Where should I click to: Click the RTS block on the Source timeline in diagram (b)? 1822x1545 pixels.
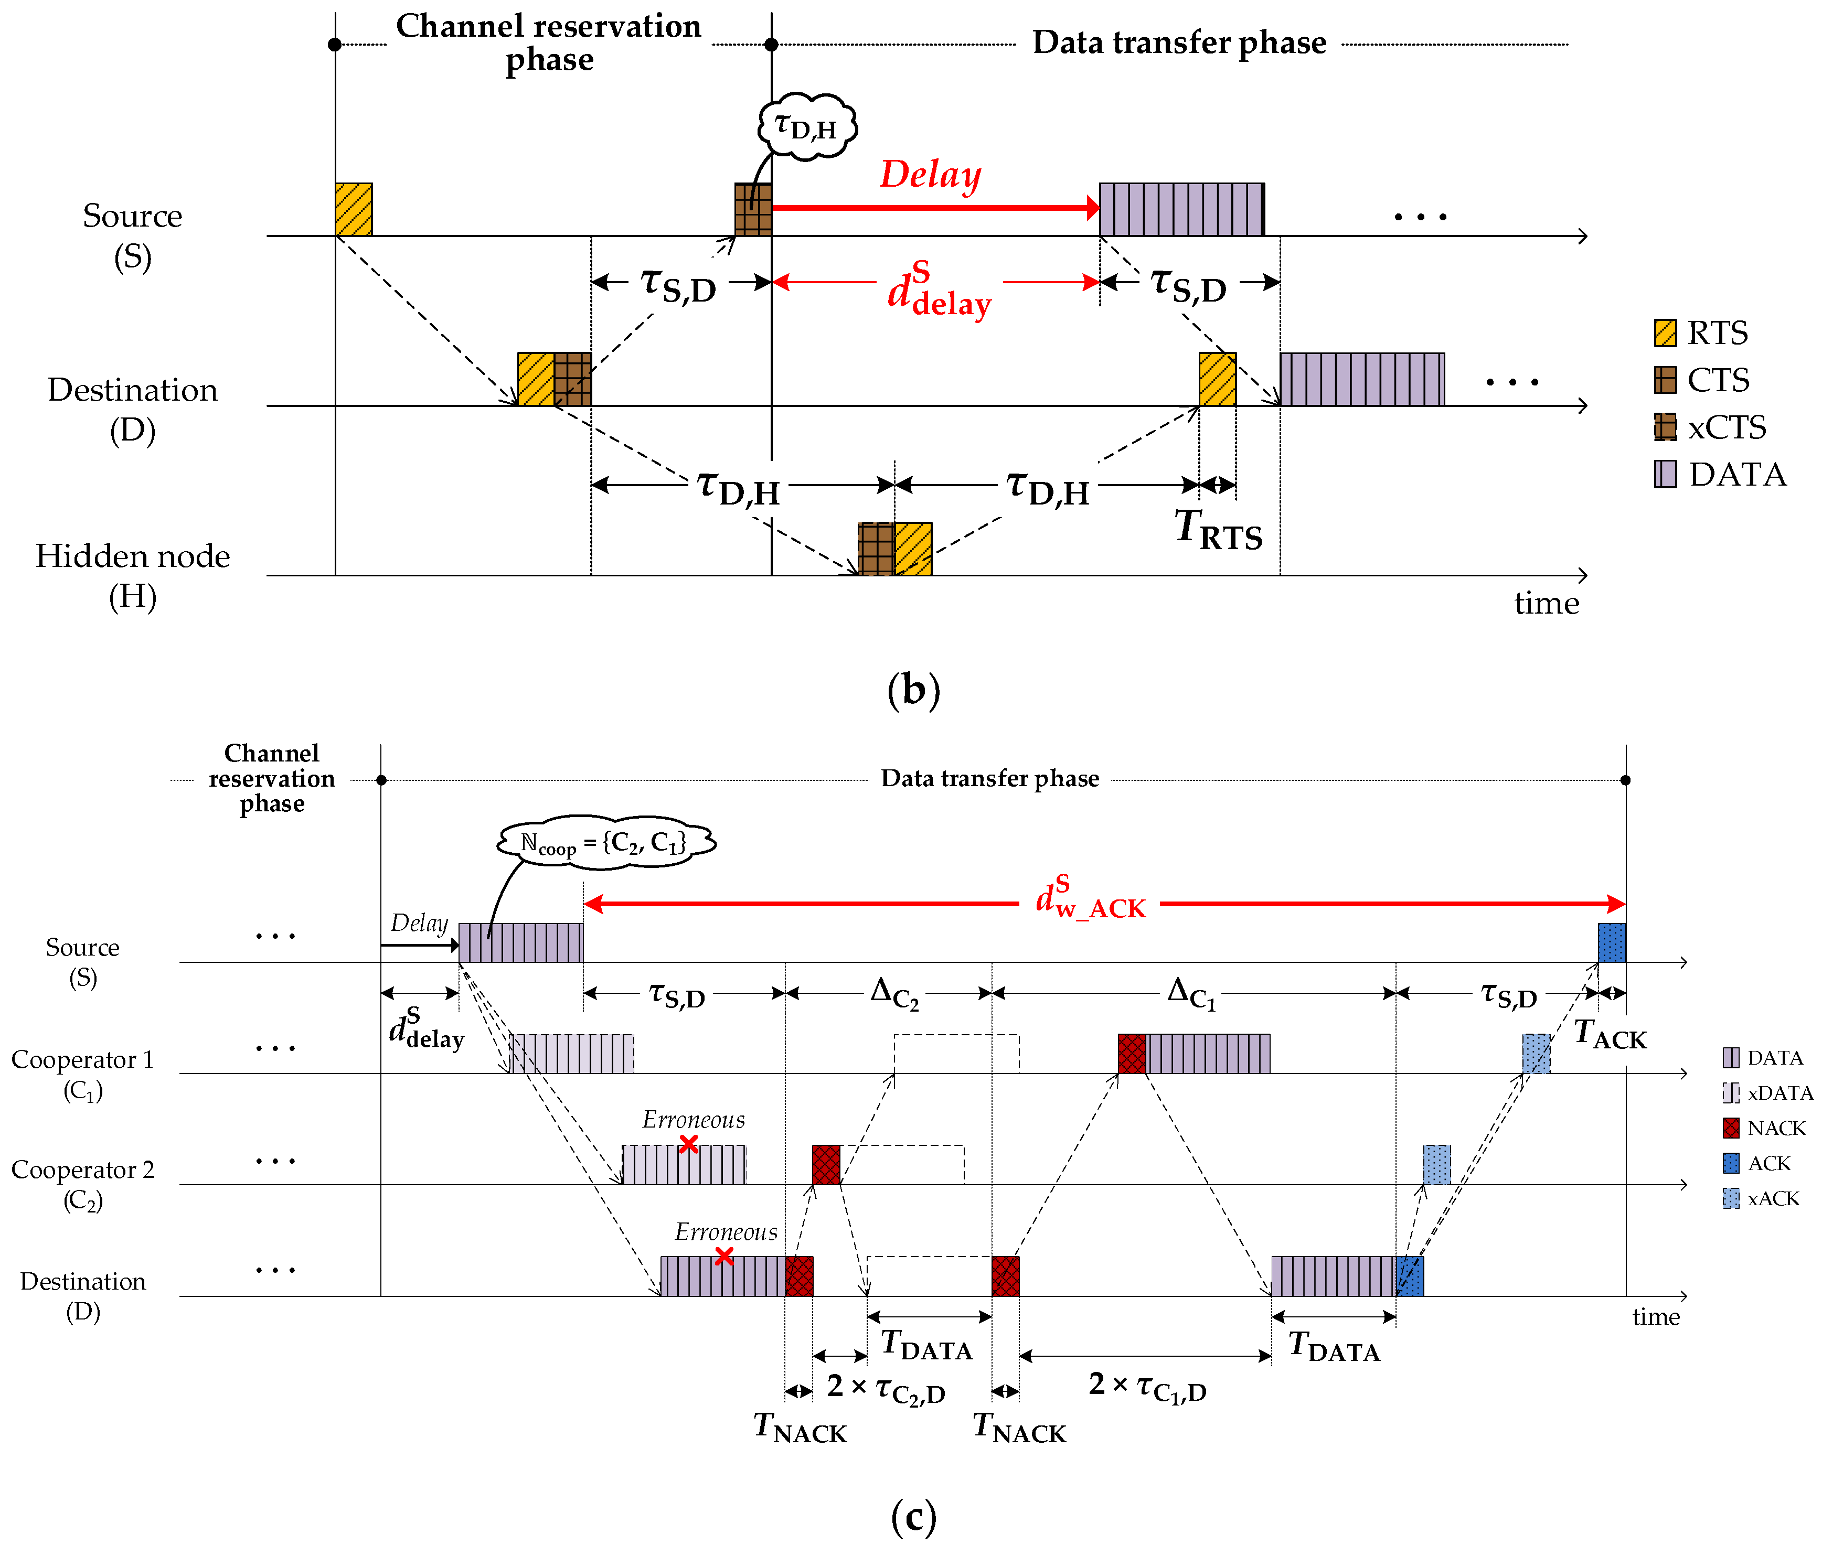354,209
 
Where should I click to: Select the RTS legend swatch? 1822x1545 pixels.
1665,333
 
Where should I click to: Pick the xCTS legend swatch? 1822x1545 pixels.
1665,427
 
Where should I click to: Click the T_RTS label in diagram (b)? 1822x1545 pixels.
1219,530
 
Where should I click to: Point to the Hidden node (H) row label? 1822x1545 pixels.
132,575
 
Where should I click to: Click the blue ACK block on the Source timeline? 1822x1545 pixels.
1612,942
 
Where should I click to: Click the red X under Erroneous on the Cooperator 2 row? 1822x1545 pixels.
688,1144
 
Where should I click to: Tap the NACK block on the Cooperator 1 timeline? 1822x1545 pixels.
1132,1054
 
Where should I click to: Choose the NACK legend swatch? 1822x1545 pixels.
1731,1128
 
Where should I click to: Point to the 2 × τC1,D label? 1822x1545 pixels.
1147,1387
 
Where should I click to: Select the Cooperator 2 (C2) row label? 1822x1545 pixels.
83,1184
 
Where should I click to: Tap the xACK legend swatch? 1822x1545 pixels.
1731,1198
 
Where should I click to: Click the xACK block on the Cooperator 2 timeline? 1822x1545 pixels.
1436,1164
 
